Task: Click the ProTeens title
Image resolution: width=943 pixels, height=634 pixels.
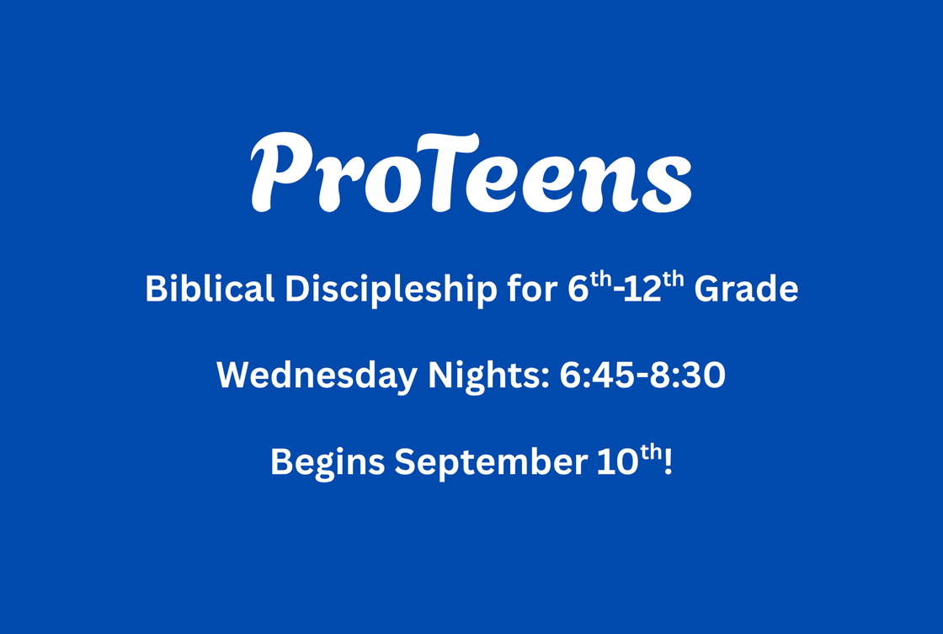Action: tap(471, 172)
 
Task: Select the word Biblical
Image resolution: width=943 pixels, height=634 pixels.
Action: tap(210, 289)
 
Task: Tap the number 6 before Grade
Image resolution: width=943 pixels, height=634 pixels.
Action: tap(578, 290)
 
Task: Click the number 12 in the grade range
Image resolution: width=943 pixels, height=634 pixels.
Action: tap(642, 290)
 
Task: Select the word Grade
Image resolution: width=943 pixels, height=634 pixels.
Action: tap(746, 289)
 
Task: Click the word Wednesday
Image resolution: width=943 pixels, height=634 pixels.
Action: tap(317, 376)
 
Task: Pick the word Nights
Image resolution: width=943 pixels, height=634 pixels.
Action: tap(488, 376)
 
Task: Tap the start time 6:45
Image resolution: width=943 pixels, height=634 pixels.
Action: tap(597, 376)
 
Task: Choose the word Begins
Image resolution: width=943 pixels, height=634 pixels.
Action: tap(328, 463)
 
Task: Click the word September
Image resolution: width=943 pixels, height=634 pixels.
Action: tap(491, 463)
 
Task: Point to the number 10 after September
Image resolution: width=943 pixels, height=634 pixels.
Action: tap(618, 462)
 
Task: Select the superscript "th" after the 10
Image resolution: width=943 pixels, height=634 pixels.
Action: tap(651, 452)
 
